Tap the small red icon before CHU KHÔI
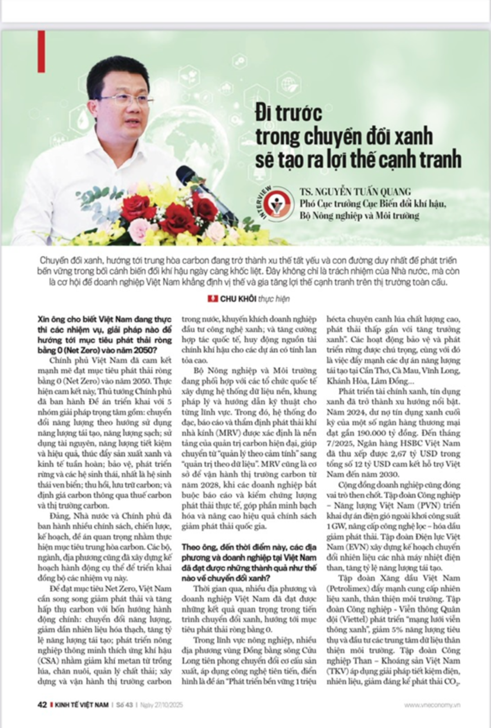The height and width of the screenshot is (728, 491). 212,298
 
